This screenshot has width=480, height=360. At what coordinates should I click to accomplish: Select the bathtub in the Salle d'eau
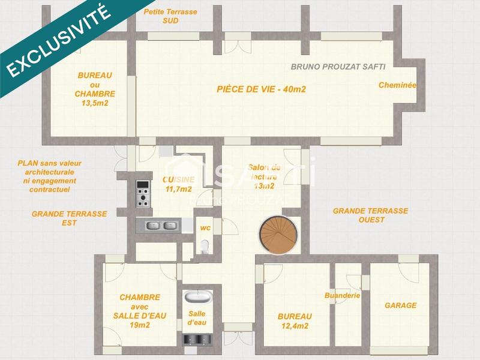point(197,297)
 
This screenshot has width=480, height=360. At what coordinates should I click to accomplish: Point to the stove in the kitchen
point(143,193)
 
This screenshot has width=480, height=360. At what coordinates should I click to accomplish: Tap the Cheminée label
point(397,85)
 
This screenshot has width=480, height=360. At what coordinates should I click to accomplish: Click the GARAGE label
point(400,305)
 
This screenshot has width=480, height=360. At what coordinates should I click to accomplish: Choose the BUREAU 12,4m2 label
point(294,321)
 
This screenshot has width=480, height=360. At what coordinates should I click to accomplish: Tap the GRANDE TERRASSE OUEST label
point(370,215)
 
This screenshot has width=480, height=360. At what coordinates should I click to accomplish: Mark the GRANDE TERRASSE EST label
point(69,218)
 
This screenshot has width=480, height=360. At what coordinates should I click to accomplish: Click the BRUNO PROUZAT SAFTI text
point(338,67)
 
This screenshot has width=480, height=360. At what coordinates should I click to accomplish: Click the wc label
point(205,228)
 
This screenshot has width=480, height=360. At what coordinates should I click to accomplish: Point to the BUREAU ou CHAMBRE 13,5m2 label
point(95,89)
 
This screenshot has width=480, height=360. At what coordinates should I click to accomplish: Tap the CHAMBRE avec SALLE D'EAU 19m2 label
point(139,311)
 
